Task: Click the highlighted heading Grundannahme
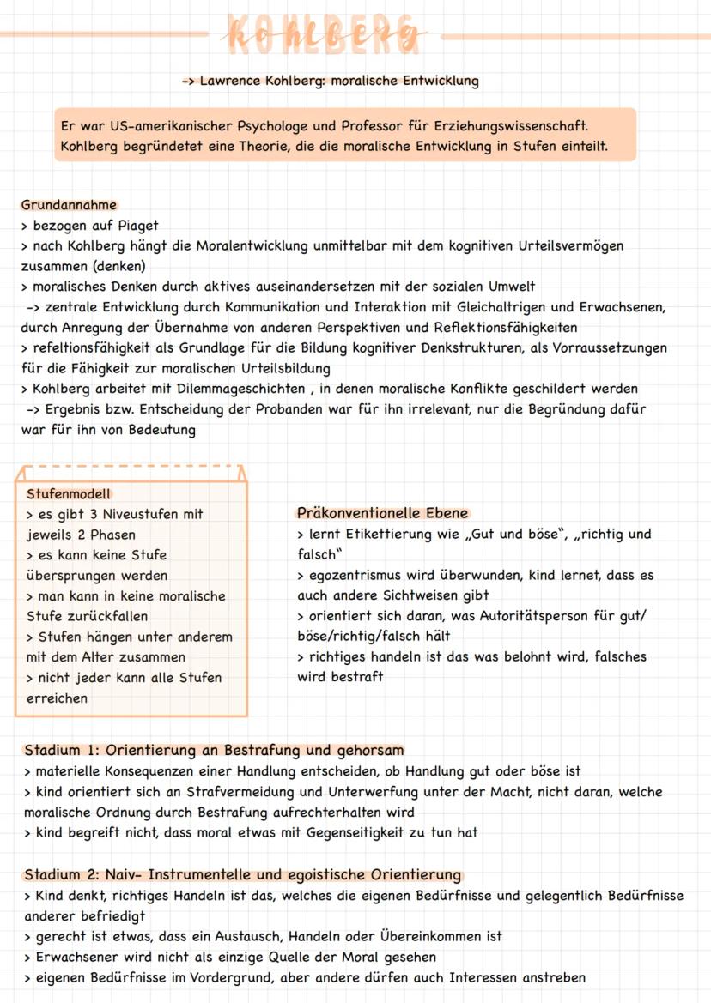point(69,205)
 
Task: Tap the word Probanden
point(284,410)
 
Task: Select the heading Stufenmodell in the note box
point(69,494)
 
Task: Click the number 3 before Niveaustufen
point(97,514)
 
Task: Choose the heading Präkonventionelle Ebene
point(382,513)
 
